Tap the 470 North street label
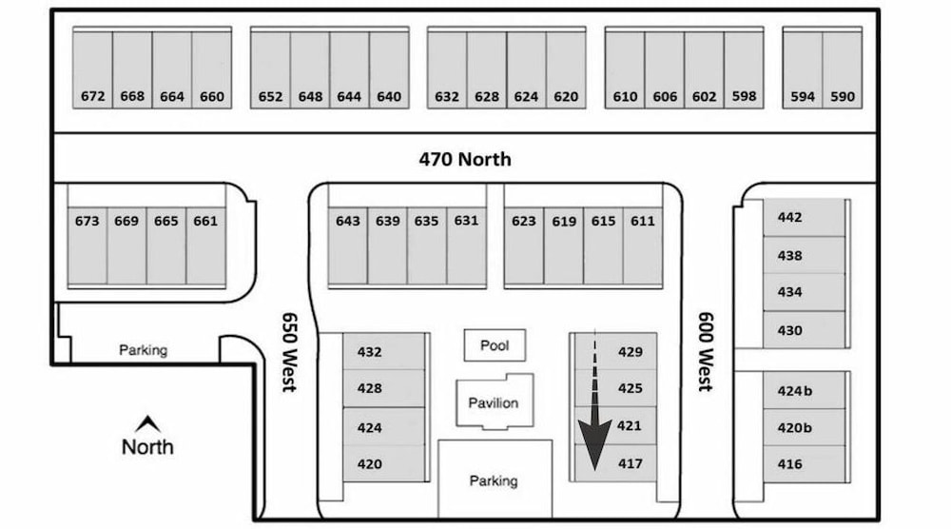pos(465,159)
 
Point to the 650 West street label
pos(289,352)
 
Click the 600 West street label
pos(706,352)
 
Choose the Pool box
pos(495,345)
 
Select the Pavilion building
pos(495,402)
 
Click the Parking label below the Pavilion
pos(494,481)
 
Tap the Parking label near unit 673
pos(144,350)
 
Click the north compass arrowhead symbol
pos(147,423)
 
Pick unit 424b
pos(795,391)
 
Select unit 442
pos(789,217)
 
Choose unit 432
pos(369,352)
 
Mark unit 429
pos(631,352)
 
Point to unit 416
pos(789,464)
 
